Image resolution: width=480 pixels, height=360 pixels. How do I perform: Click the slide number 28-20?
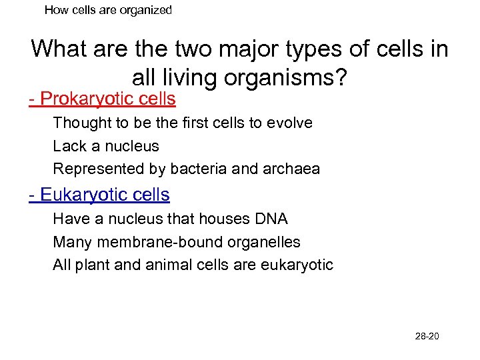(x=427, y=336)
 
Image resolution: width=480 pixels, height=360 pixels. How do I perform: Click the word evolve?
(x=291, y=123)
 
